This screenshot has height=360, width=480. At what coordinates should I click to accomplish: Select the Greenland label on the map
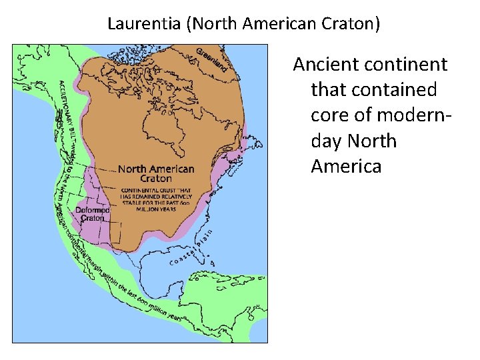tap(213, 59)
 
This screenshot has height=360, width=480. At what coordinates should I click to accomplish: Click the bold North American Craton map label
tap(156, 173)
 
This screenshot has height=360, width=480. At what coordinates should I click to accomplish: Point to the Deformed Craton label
tap(92, 214)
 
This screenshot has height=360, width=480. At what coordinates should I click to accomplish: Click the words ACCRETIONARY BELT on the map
tap(63, 113)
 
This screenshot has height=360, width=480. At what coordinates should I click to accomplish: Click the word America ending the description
tap(346, 166)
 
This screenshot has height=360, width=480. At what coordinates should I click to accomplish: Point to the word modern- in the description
tap(414, 115)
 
